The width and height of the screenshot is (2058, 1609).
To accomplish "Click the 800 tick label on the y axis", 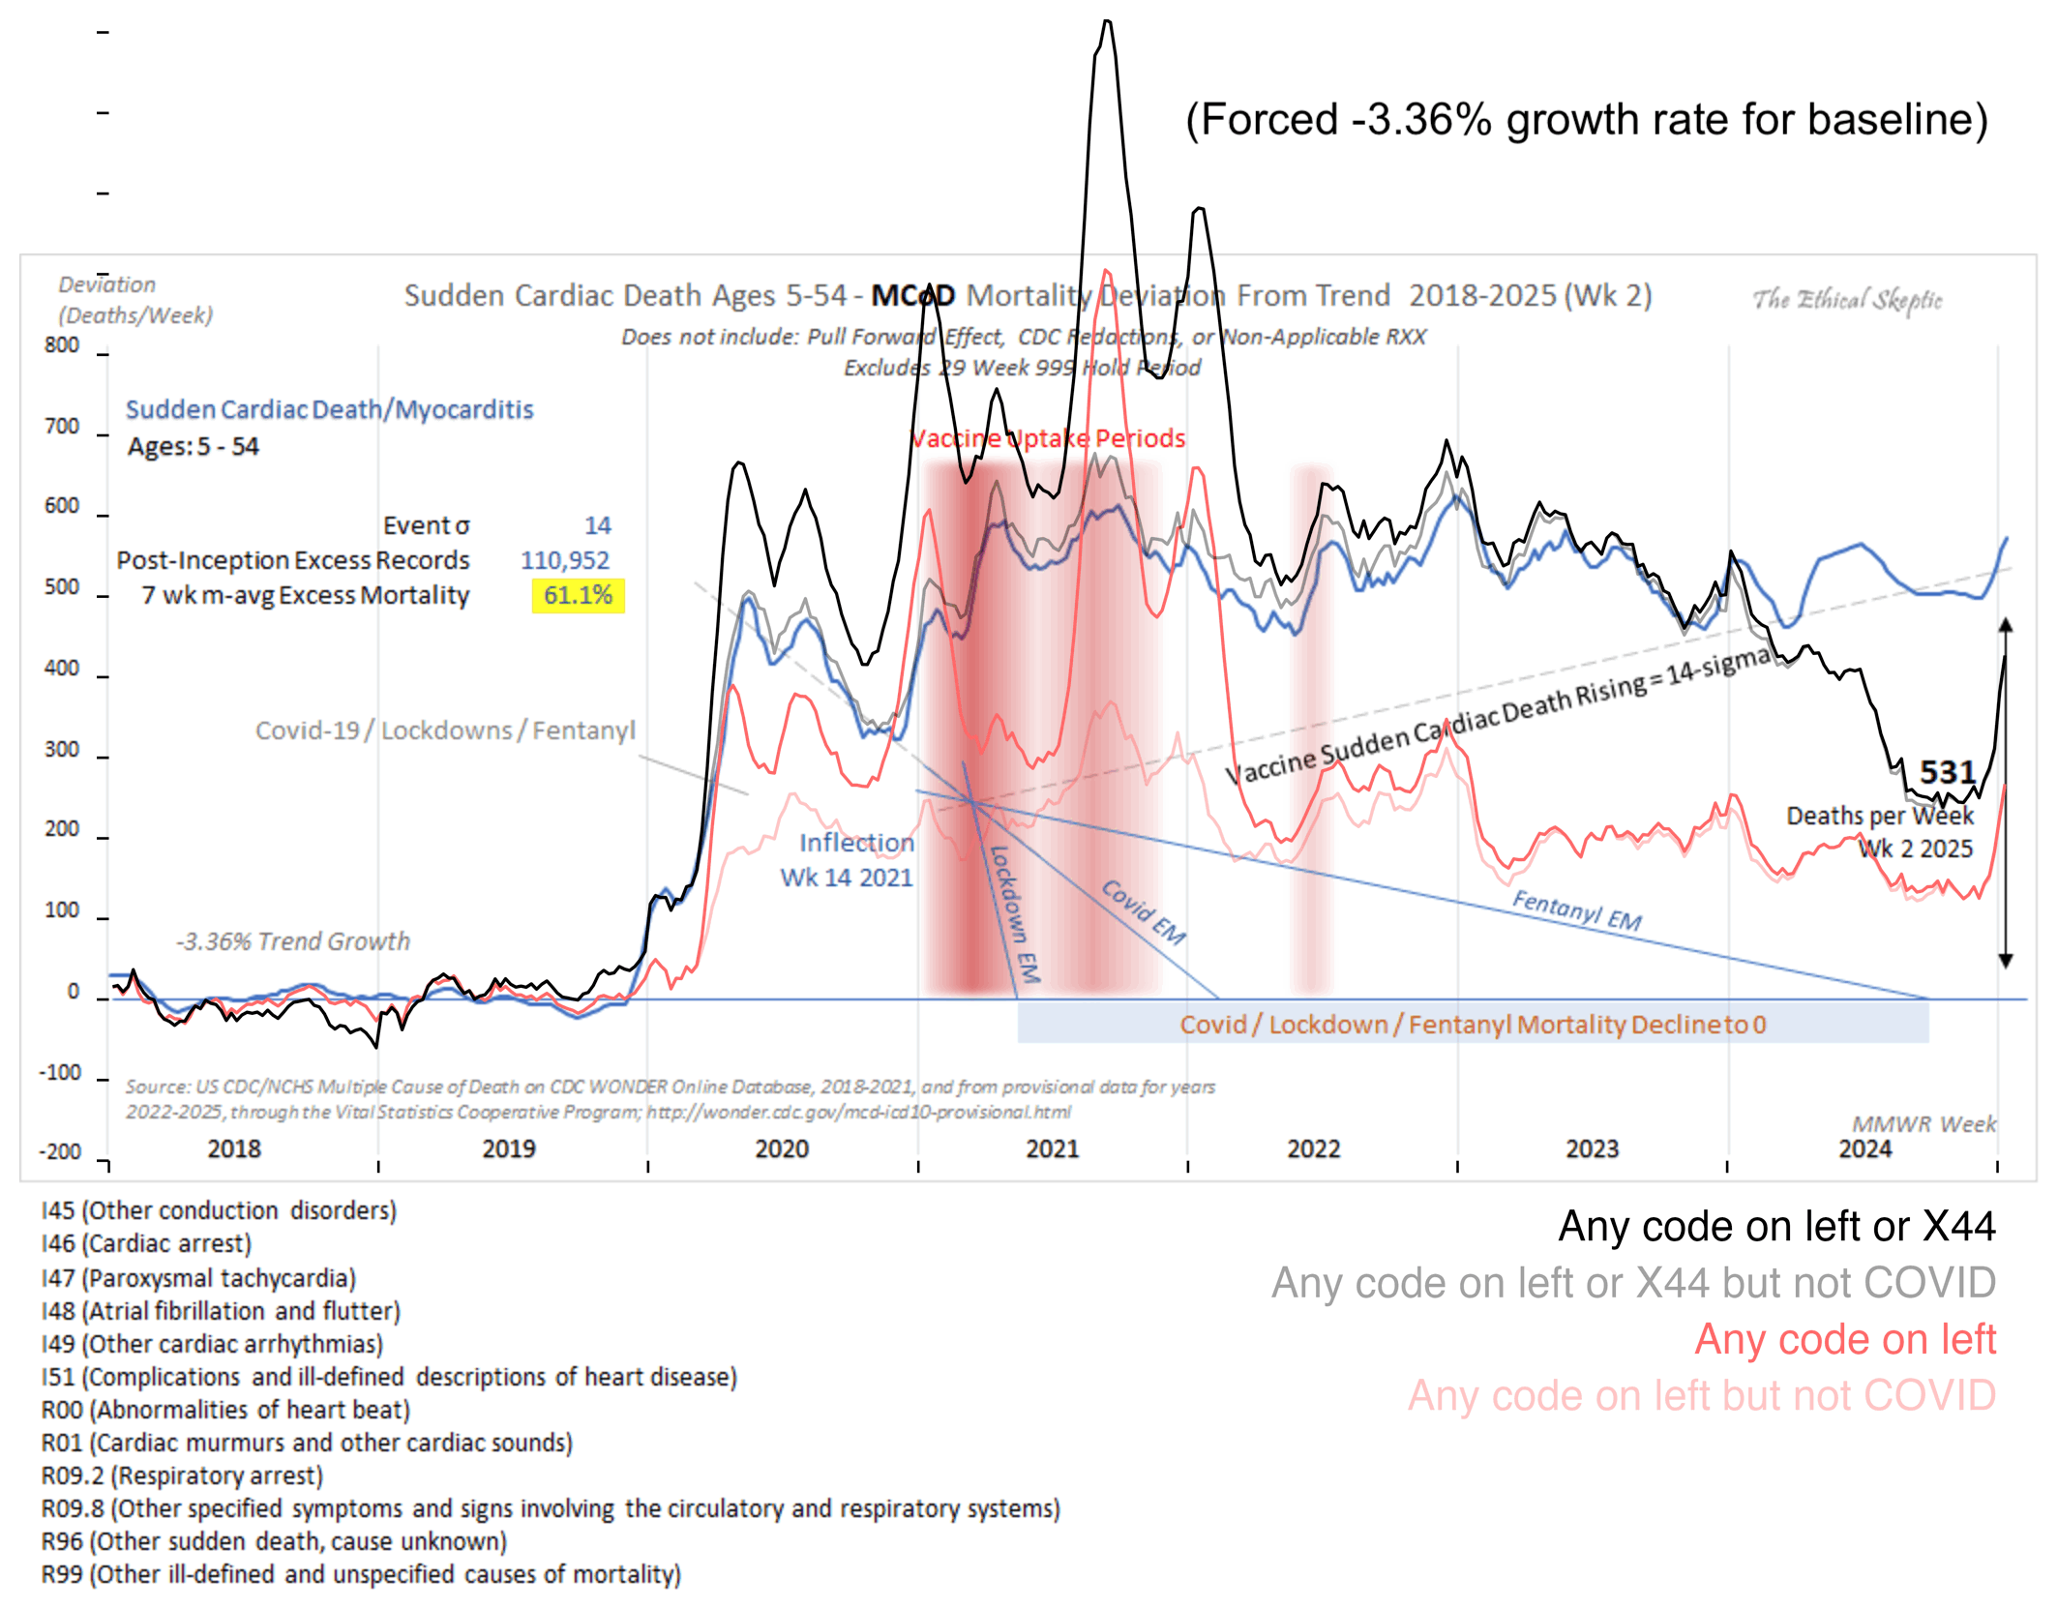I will pos(62,345).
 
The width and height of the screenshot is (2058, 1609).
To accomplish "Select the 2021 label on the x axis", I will pos(1052,1149).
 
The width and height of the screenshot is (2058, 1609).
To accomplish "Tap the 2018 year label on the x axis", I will pos(234,1149).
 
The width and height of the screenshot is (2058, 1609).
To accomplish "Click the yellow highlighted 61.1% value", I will pos(578,595).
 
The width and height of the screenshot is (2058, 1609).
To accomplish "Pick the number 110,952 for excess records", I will pos(565,560).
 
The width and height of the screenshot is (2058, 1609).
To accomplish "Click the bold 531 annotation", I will pos(1947,772).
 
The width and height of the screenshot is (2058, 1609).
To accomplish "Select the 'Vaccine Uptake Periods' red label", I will pos(1048,438).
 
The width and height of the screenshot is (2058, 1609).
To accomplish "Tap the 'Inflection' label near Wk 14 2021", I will pos(856,843).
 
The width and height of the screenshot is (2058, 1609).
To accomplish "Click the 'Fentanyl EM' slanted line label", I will pos(1576,910).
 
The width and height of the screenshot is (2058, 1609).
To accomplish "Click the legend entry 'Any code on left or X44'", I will pos(1776,1227).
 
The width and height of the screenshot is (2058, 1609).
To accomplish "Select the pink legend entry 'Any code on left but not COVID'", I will pos(1701,1396).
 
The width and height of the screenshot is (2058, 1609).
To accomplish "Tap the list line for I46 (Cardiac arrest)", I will pos(146,1243).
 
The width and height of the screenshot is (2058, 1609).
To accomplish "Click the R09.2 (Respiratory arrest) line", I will pos(182,1475).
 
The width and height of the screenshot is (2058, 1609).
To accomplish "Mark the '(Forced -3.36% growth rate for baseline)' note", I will pos(1587,120).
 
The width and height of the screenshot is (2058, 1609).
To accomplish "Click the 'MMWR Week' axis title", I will pos(1924,1123).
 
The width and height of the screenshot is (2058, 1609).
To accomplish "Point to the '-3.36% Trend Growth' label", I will pos(292,941).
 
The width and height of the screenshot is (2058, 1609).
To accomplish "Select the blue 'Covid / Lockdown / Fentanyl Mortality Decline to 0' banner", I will pos(1472,1025).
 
